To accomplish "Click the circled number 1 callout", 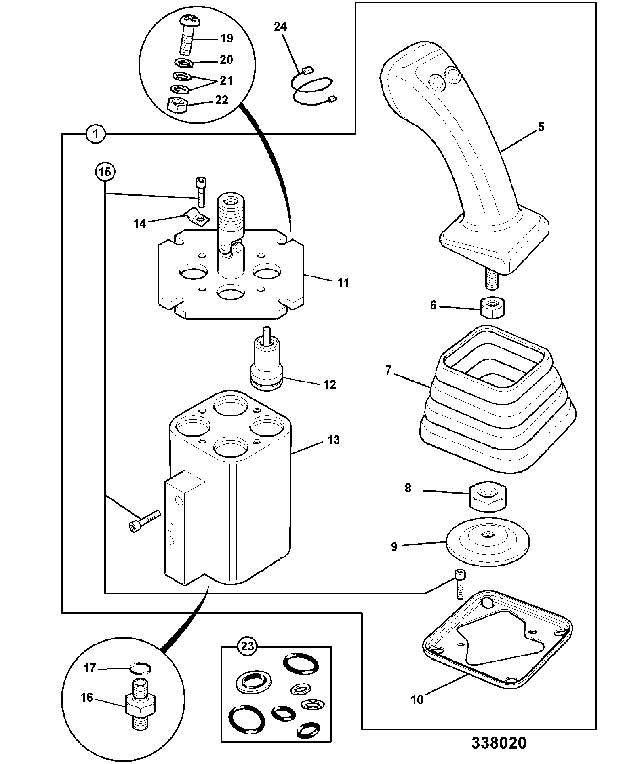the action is point(95,134).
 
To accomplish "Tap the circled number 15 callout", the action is point(105,173).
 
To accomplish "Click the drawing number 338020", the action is point(499,743).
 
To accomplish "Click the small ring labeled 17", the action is point(140,669).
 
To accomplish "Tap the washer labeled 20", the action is point(184,63).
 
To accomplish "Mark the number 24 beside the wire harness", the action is point(280,27).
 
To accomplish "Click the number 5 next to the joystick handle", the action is point(541,127).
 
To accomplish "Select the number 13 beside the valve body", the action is point(333,440).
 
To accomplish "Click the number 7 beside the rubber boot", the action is point(388,370).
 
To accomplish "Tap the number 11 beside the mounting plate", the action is point(343,282).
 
